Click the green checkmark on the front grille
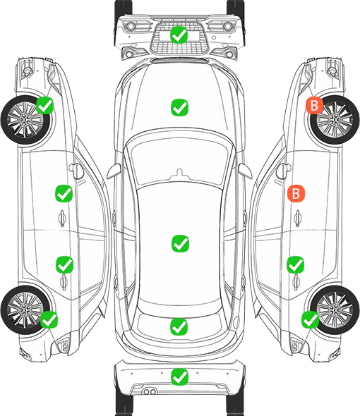click(x=179, y=35)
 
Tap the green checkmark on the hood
click(x=179, y=107)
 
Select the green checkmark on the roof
click(x=180, y=243)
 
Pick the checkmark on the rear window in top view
click(x=179, y=326)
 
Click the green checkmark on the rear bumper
click(x=179, y=377)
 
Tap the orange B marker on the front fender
click(x=314, y=105)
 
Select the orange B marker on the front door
click(x=296, y=193)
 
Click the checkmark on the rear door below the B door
click(x=295, y=264)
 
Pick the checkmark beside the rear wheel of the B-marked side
click(x=310, y=319)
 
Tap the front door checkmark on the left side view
click(x=64, y=193)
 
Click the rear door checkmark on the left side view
click(x=64, y=264)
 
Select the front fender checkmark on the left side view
click(x=44, y=105)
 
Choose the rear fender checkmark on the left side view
click(x=49, y=319)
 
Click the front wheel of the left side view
click(x=25, y=120)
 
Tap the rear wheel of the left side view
click(x=25, y=310)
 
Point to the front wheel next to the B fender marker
click(x=335, y=120)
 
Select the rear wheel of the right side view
click(x=335, y=310)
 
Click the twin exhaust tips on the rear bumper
click(x=150, y=391)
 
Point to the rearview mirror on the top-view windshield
click(x=179, y=173)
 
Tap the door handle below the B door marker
click(x=298, y=219)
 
